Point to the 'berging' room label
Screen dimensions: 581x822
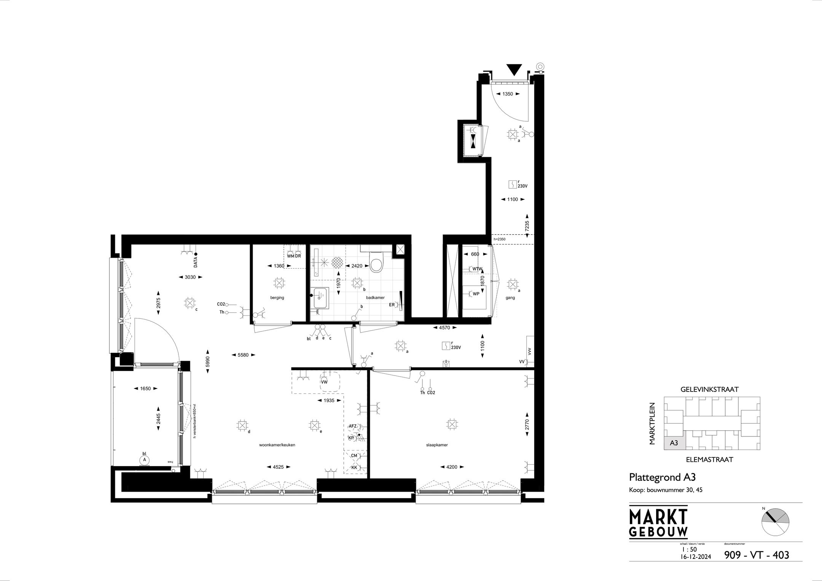[277, 298]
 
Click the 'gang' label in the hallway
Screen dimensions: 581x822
[510, 298]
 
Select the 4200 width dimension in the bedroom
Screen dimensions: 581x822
[451, 467]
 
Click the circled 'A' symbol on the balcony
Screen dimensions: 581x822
[144, 460]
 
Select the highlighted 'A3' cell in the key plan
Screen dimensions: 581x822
[674, 443]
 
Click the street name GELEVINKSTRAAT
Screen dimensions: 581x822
[712, 389]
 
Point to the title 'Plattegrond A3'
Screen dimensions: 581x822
[659, 477]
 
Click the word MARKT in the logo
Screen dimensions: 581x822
[658, 516]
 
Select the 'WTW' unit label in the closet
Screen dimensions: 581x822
[477, 269]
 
